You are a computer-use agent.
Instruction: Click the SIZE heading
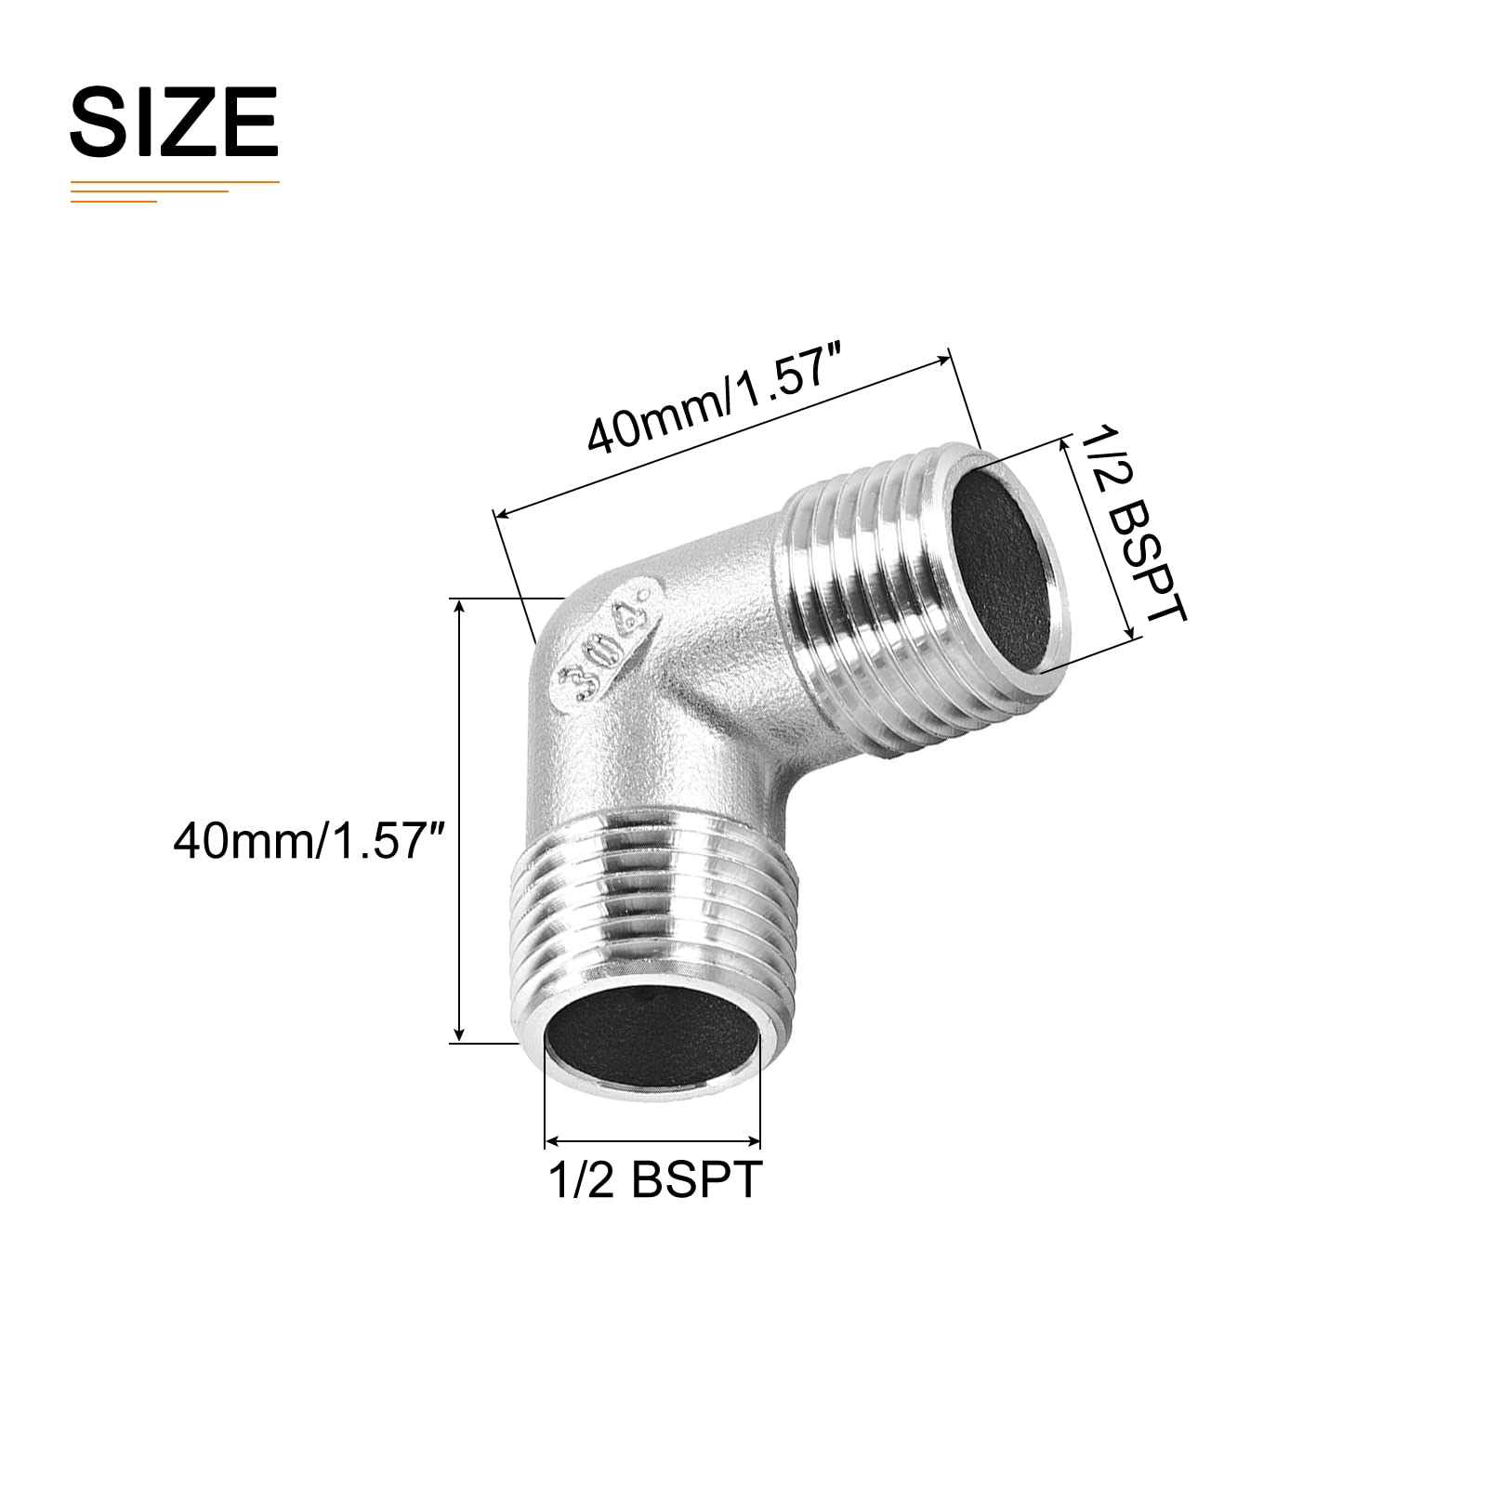pos(174,121)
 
